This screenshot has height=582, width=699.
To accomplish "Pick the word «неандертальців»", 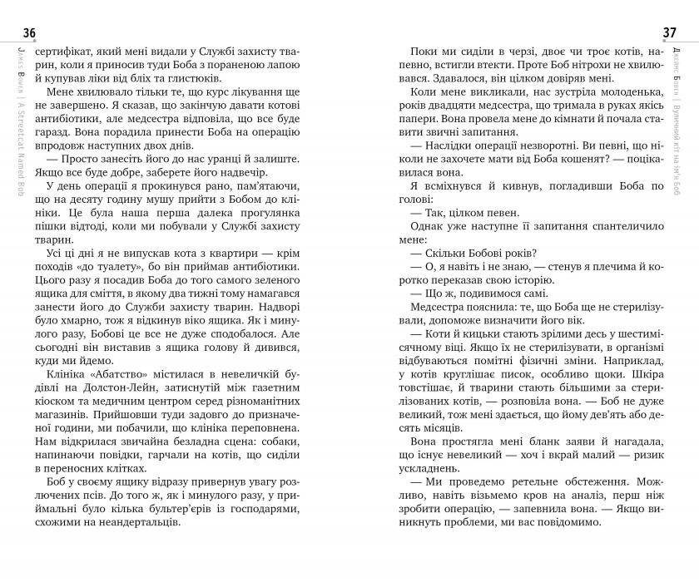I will click(137, 524).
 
